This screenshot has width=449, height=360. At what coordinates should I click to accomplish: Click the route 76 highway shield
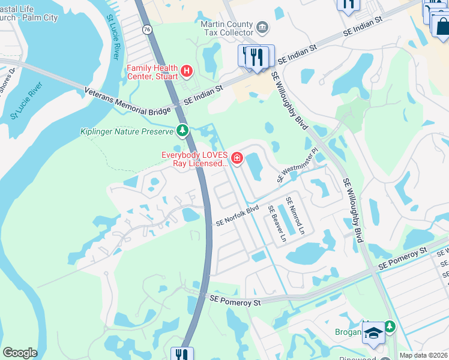click(x=147, y=29)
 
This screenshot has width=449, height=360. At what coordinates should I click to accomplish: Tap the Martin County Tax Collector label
click(x=227, y=29)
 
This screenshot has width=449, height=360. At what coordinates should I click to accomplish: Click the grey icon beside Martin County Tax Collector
click(x=262, y=27)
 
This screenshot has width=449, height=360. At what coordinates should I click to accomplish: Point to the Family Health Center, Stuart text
click(x=152, y=72)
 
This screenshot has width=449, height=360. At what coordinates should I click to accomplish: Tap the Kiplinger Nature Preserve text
click(x=127, y=131)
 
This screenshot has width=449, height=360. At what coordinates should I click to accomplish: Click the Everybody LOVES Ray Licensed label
click(x=195, y=158)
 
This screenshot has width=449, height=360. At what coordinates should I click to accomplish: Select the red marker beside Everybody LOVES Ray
click(x=237, y=158)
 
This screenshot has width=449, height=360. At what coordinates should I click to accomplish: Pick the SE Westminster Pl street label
click(x=297, y=166)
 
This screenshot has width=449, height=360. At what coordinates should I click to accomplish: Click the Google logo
click(x=20, y=353)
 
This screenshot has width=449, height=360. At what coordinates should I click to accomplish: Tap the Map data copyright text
click(x=423, y=355)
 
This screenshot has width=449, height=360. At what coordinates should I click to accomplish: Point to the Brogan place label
click(x=348, y=332)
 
